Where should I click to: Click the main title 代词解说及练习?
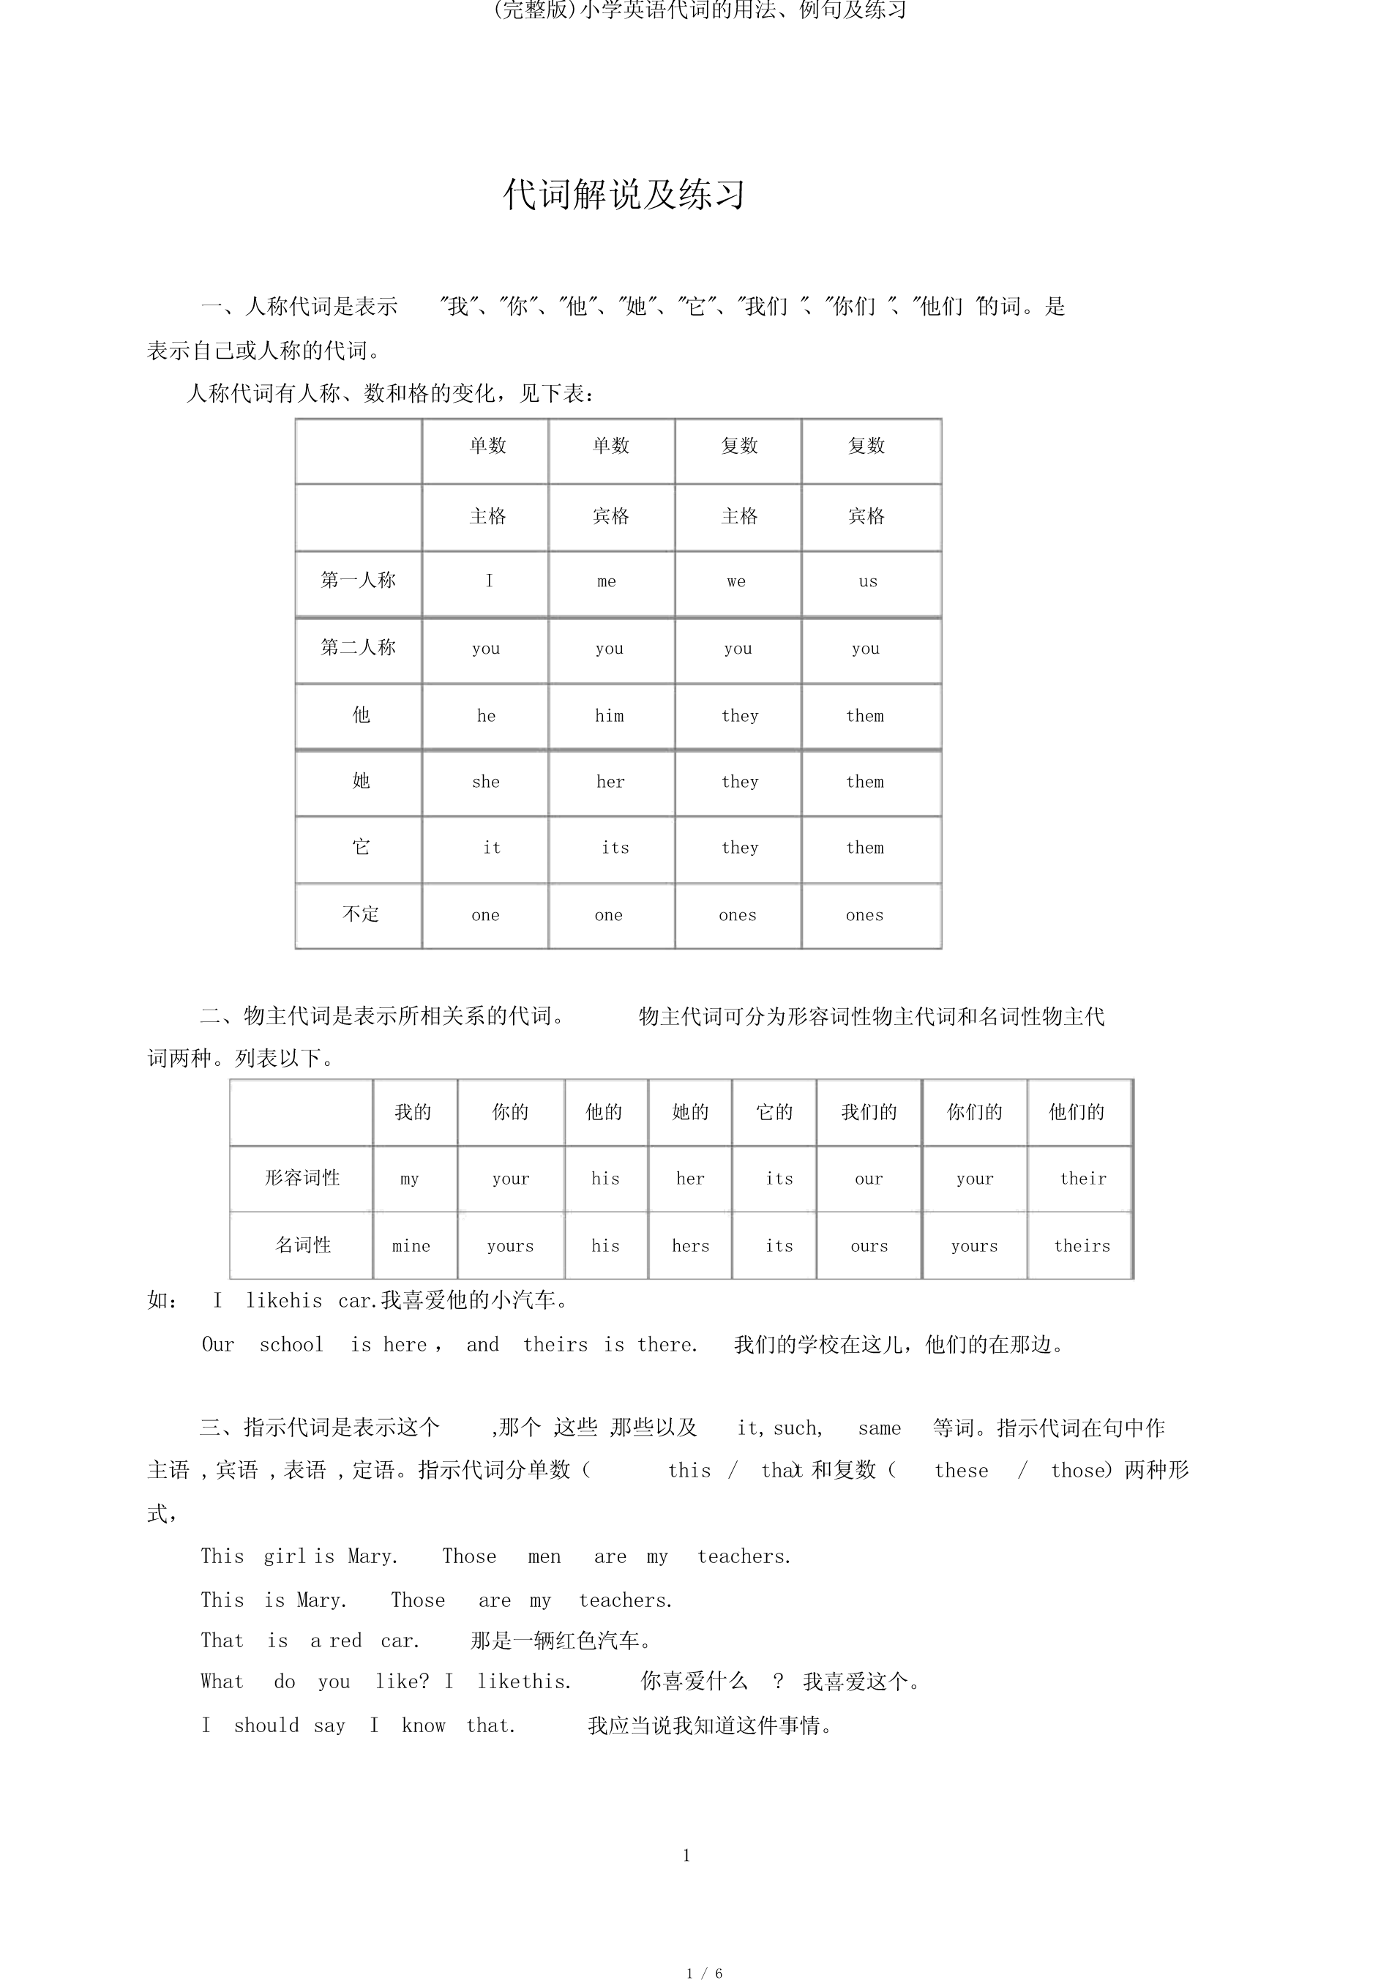624,195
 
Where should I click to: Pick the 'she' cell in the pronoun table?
486,782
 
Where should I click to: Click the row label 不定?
360,914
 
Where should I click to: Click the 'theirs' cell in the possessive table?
1082,1246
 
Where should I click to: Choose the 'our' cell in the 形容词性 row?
869,1179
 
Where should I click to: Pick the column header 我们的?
869,1112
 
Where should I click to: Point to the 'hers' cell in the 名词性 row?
690,1246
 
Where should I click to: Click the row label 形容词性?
302,1179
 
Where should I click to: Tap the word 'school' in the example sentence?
291,1344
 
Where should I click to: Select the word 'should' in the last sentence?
266,1726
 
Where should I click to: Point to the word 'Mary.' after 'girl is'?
373,1556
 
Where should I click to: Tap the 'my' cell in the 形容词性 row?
410,1179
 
